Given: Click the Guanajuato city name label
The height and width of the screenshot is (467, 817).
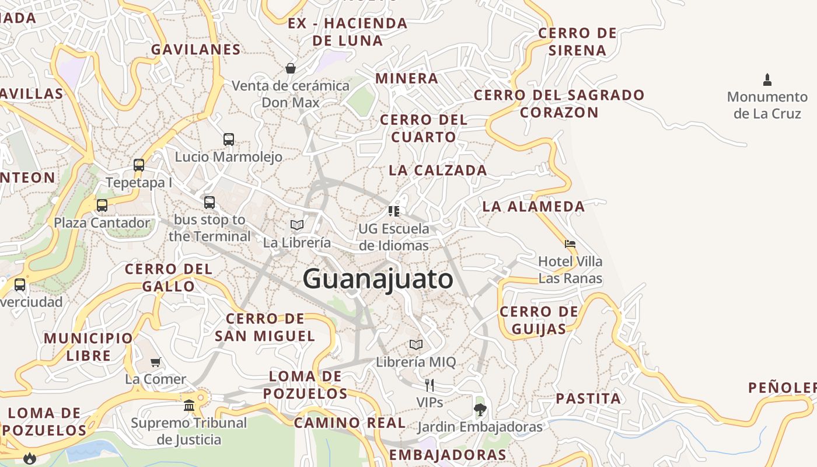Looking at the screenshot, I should (x=378, y=278).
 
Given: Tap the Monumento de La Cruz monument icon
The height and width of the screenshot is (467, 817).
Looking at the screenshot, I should (x=767, y=79).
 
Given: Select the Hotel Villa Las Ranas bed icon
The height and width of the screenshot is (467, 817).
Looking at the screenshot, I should (x=570, y=244).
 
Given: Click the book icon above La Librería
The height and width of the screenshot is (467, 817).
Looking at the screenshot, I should (x=297, y=225).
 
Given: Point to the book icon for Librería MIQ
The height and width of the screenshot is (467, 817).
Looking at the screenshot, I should (x=416, y=344).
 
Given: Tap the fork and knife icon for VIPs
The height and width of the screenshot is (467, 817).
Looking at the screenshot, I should (x=430, y=385).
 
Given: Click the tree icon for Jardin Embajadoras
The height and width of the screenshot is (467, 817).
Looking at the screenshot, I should (x=480, y=409).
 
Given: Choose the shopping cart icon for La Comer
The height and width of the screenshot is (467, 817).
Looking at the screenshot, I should (x=156, y=362).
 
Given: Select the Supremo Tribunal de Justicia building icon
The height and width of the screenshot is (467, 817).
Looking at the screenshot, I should (x=189, y=405).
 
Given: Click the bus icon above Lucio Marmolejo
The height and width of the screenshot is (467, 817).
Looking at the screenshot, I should (x=229, y=140).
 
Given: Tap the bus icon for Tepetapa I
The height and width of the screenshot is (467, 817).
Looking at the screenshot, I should (x=139, y=165).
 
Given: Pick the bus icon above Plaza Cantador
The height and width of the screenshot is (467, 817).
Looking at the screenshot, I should (x=102, y=205).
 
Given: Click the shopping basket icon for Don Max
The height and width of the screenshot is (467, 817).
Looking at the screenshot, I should (x=291, y=68).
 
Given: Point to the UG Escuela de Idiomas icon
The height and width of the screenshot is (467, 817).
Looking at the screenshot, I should (x=394, y=211).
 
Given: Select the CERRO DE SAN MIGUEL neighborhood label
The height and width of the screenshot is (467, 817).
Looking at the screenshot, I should (x=265, y=327).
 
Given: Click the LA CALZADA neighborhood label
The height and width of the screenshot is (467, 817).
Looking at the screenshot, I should (x=438, y=170).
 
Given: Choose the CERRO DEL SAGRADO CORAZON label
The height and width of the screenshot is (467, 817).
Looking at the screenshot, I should (x=559, y=103).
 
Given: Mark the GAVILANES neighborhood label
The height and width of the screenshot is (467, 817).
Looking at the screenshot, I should (x=196, y=50).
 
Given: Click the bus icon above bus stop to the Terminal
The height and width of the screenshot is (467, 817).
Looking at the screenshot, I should (x=210, y=203).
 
